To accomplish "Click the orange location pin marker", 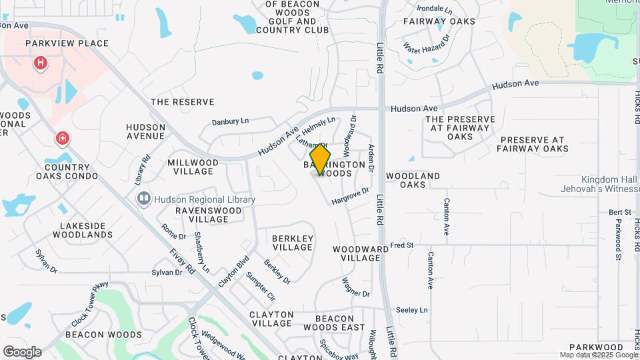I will point(321,159).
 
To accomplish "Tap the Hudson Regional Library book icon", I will point(143,199).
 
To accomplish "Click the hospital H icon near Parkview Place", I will point(41,64).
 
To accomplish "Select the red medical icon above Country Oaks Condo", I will point(63,138).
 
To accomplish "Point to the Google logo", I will point(21,351).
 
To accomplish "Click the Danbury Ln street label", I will point(230,121).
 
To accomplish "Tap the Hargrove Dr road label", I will point(350,195).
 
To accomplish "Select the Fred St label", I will point(402,245).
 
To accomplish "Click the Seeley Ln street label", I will point(411,310).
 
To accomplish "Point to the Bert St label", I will point(619,213).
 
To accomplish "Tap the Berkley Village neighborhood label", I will point(293,243).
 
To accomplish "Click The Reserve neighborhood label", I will point(183,102).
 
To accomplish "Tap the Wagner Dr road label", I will point(355,288).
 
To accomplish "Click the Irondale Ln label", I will point(434,10).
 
